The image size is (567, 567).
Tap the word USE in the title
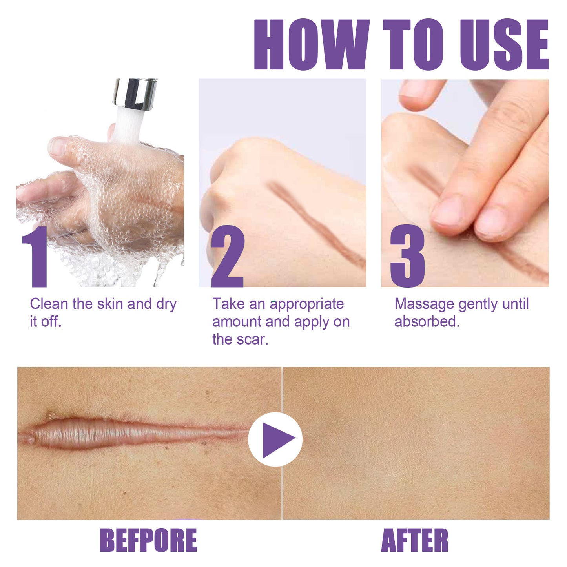tap(503, 44)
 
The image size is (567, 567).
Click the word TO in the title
tap(413, 44)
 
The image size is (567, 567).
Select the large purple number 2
tap(228, 257)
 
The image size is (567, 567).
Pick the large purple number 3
tap(407, 257)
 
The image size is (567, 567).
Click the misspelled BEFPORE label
tap(148, 540)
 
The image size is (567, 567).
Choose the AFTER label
tap(415, 540)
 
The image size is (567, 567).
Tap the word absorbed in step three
tap(427, 322)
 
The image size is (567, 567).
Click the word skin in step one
tap(110, 304)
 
